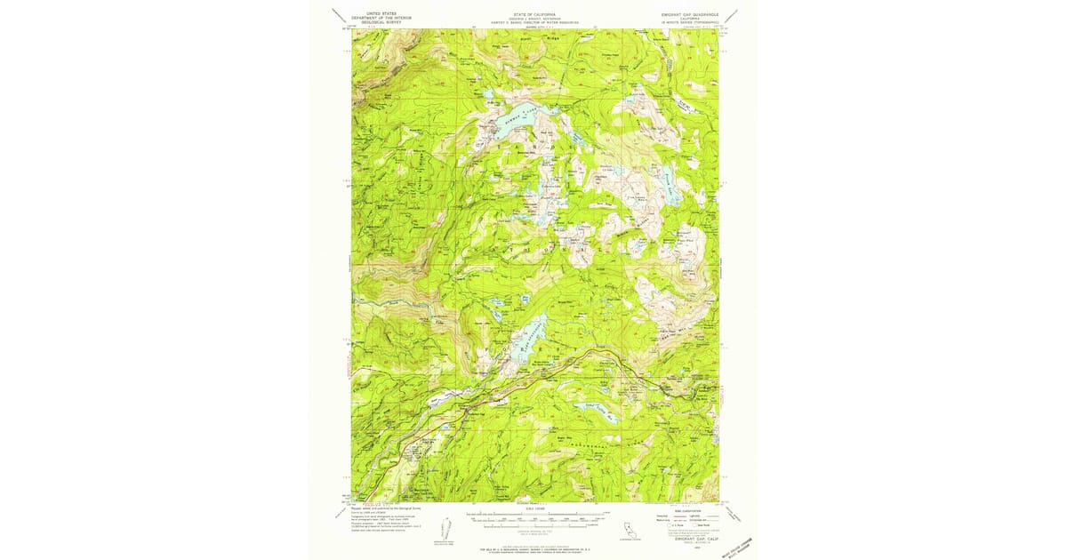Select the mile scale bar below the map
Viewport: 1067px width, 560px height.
click(533, 517)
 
